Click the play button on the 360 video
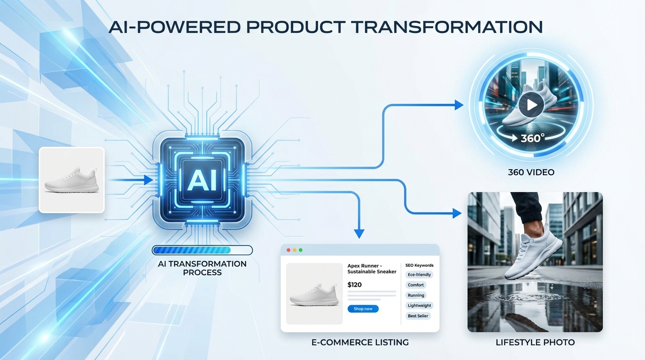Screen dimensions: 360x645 click(x=532, y=105)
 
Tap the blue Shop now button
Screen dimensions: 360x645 click(x=363, y=309)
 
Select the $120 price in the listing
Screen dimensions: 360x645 click(x=354, y=285)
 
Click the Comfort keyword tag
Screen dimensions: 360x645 click(x=415, y=285)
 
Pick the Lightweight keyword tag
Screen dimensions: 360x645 click(x=420, y=306)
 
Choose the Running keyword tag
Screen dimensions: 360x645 click(x=416, y=295)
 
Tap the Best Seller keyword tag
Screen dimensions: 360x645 click(x=418, y=316)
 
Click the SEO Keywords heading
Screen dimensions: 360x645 click(x=420, y=265)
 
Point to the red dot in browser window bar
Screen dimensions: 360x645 click(x=288, y=250)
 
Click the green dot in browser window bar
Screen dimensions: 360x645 click(x=300, y=250)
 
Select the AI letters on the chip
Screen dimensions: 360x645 click(x=202, y=180)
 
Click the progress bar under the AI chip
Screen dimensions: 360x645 click(x=202, y=250)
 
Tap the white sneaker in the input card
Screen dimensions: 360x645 click(x=72, y=181)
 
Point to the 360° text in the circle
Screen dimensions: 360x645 click(x=532, y=138)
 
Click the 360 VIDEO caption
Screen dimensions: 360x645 click(x=531, y=172)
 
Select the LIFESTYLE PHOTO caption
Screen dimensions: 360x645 click(x=535, y=343)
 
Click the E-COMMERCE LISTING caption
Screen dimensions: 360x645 click(x=360, y=343)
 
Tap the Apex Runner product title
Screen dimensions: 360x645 click(x=372, y=269)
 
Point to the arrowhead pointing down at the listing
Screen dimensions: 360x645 click(x=359, y=233)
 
